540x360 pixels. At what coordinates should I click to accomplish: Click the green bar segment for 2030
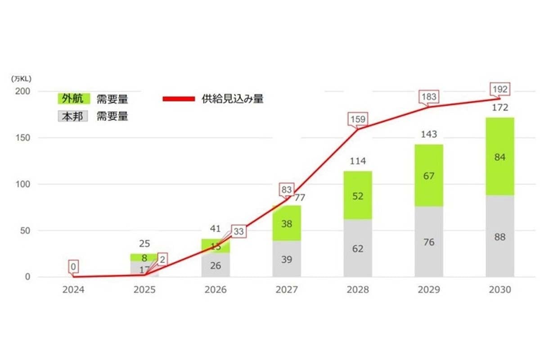point(499,156)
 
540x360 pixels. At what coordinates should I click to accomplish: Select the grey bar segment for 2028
point(358,248)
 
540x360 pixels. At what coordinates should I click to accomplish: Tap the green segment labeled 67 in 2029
point(429,175)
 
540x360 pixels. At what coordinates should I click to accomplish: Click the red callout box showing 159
point(358,120)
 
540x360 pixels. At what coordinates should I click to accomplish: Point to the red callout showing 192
point(500,89)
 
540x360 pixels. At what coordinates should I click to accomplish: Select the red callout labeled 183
point(429,96)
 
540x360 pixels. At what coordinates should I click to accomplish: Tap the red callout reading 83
point(286,190)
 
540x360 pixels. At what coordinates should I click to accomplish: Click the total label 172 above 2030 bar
point(499,108)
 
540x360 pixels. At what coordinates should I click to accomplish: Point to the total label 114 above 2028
point(358,161)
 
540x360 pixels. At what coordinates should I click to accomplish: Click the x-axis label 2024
point(73,290)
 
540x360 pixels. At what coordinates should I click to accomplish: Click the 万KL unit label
point(21,78)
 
